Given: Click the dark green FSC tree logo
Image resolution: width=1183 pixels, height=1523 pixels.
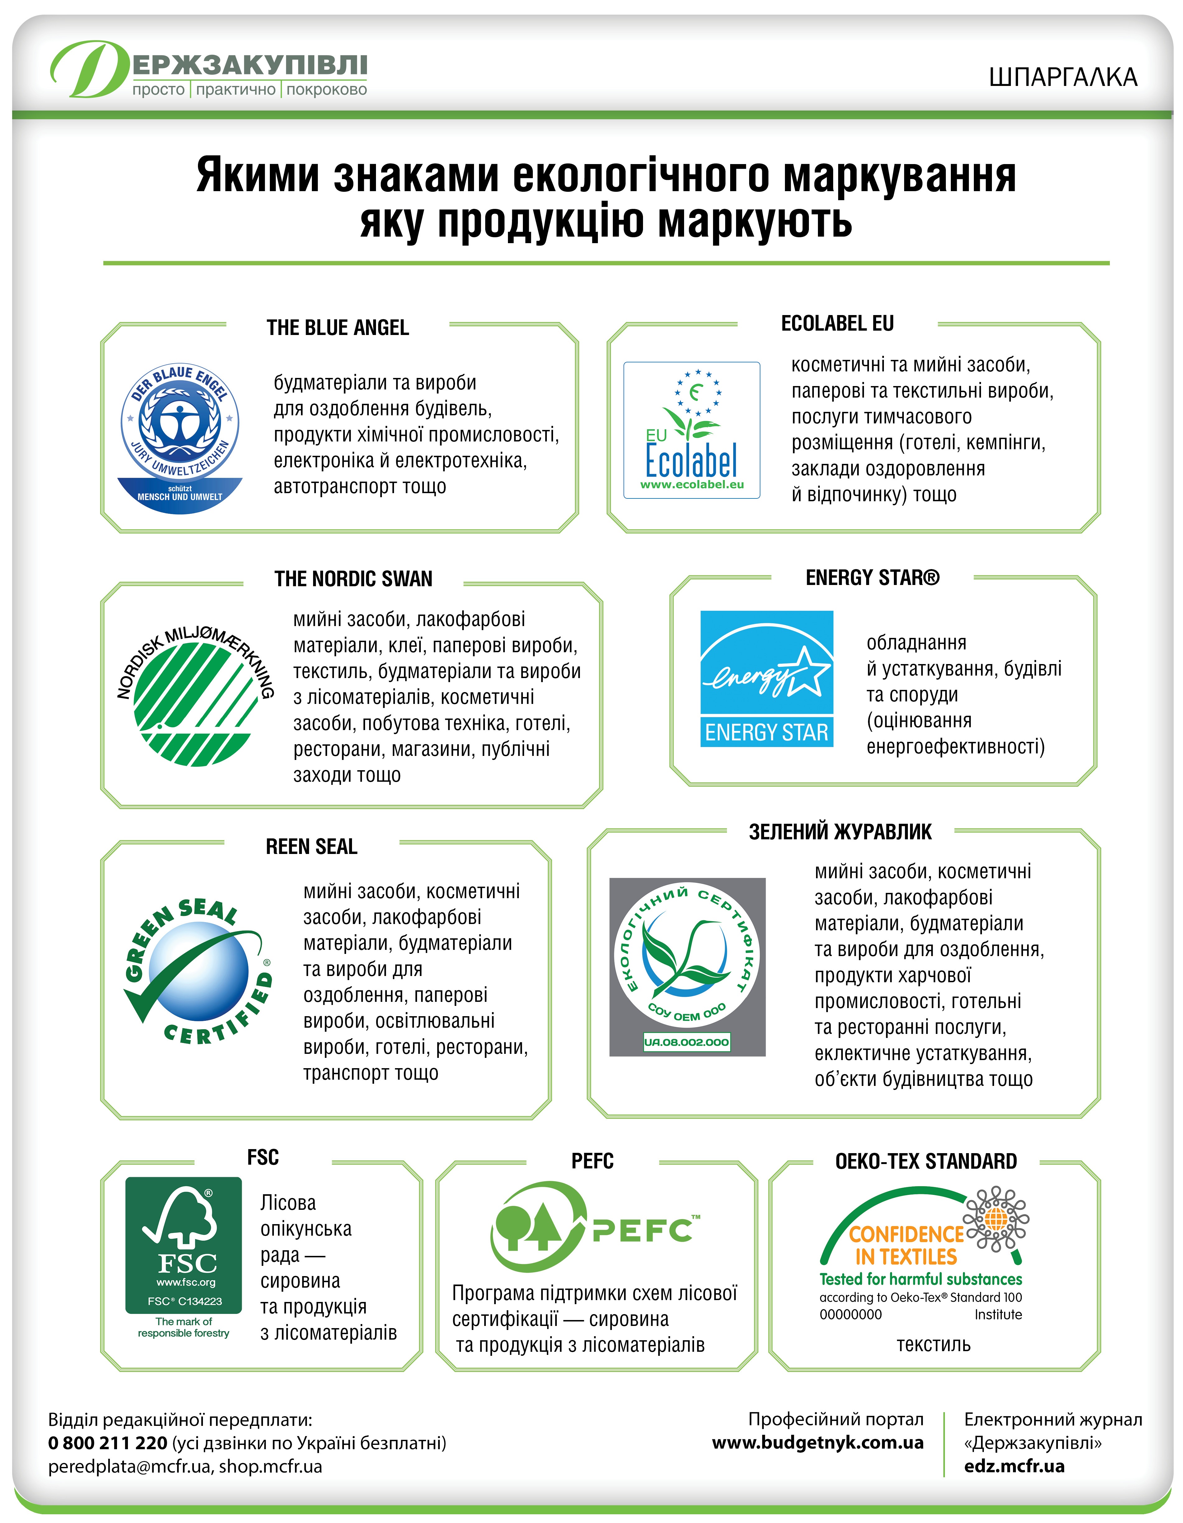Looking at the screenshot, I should coord(183,1245).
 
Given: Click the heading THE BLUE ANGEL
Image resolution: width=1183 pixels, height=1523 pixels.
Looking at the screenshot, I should coord(337,328).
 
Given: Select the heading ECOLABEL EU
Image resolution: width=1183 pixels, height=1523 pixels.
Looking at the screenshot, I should coord(837,323).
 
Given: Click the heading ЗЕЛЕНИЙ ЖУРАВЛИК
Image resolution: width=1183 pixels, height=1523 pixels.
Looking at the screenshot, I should coord(840,832).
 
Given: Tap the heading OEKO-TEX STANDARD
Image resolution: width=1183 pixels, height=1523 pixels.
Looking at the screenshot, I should coord(926,1161).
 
